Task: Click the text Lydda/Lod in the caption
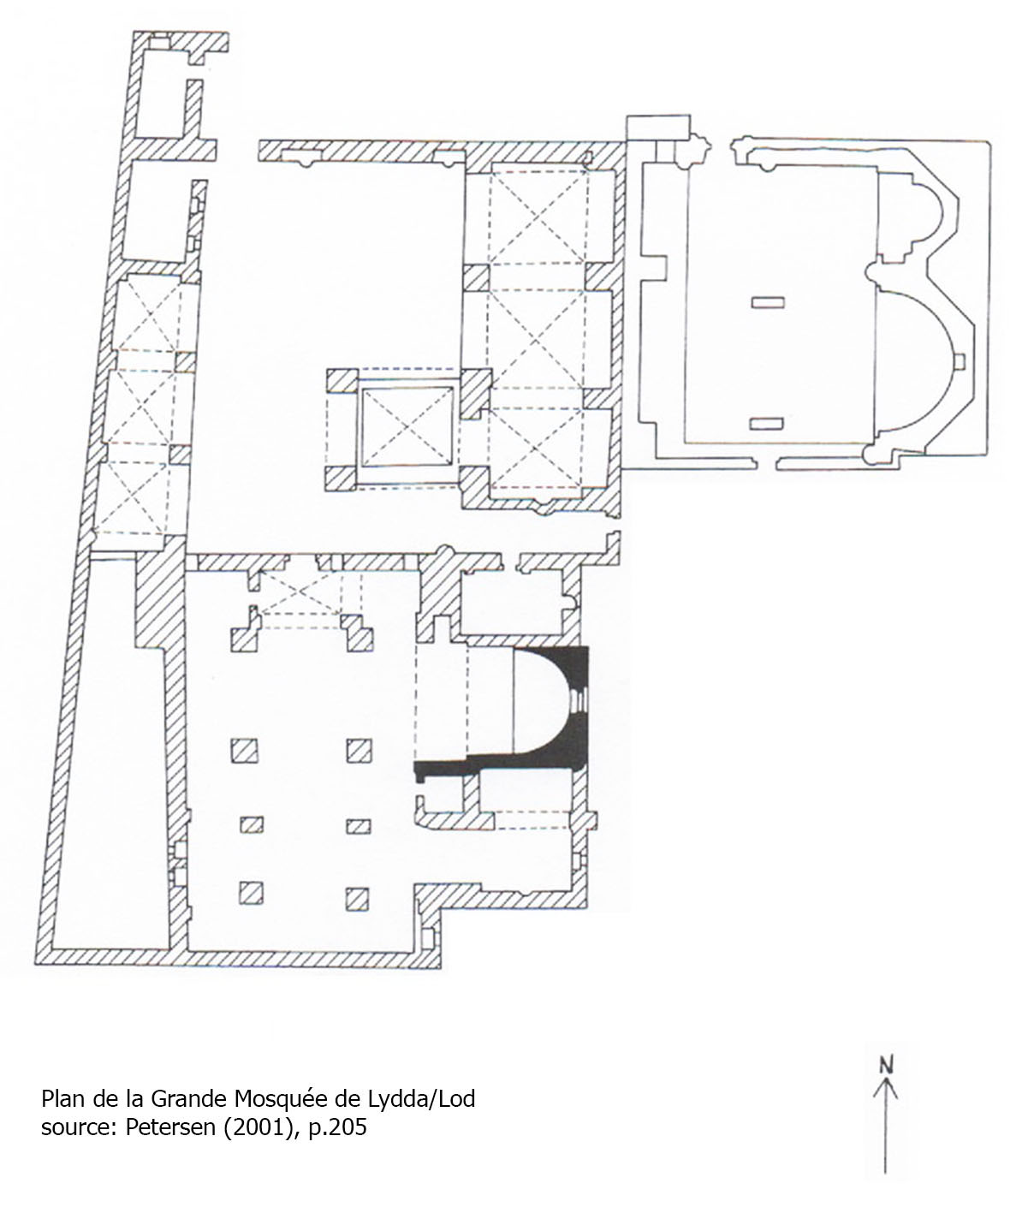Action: click(421, 1099)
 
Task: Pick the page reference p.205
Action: click(337, 1128)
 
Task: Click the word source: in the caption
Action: click(80, 1128)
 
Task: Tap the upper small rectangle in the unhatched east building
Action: click(768, 303)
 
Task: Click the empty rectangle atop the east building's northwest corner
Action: click(658, 128)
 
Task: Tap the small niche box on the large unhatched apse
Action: click(960, 361)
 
